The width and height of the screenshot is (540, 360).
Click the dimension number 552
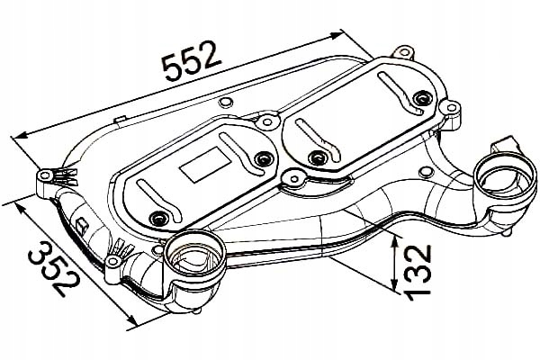[x=192, y=61]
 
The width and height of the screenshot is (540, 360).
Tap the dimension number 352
[x=55, y=267]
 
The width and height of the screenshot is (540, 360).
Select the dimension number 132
[x=418, y=272]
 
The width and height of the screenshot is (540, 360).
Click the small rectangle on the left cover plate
[x=205, y=165]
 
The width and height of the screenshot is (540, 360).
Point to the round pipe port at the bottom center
[x=193, y=260]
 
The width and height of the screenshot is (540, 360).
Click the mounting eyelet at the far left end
[x=45, y=175]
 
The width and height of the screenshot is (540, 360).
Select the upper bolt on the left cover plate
[x=264, y=158]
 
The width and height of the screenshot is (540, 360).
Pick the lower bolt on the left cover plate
[x=158, y=218]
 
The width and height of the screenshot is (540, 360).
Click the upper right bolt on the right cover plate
[x=422, y=99]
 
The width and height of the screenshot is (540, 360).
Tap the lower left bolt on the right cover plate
[x=317, y=157]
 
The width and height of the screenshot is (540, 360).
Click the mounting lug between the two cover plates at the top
[x=267, y=121]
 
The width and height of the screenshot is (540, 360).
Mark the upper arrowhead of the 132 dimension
[x=395, y=242]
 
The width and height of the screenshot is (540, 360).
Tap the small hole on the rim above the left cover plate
[x=225, y=102]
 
